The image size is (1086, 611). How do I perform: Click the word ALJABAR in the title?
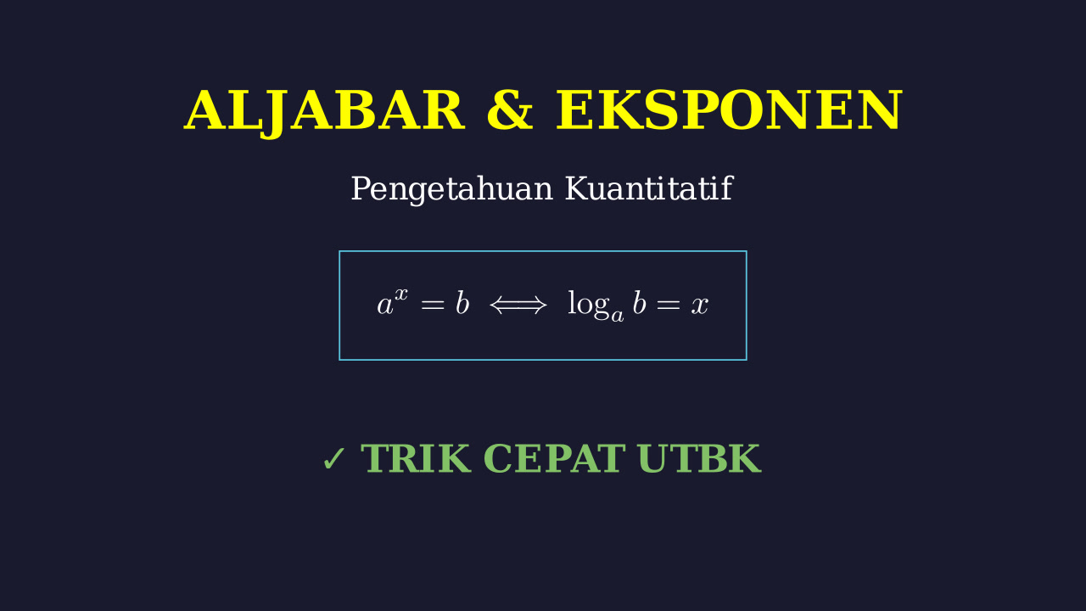tap(324, 111)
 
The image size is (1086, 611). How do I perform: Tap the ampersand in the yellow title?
tap(510, 110)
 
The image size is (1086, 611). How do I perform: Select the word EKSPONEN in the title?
tap(729, 110)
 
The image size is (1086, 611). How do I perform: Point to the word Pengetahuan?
tap(452, 189)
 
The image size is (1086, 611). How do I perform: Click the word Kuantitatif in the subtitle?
tap(649, 188)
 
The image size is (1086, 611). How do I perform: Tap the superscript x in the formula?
tap(401, 294)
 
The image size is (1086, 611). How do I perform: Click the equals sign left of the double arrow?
tap(433, 305)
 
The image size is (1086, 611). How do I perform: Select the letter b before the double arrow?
tap(462, 304)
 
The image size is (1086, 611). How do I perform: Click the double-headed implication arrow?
tap(518, 305)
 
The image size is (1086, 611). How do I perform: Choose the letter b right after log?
tap(640, 304)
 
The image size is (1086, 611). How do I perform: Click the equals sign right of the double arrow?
tap(669, 305)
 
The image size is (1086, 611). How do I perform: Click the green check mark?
tap(333, 459)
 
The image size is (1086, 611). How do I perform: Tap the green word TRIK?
tap(416, 458)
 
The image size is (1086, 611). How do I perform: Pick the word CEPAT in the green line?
tap(554, 458)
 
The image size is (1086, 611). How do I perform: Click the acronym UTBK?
tap(700, 458)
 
